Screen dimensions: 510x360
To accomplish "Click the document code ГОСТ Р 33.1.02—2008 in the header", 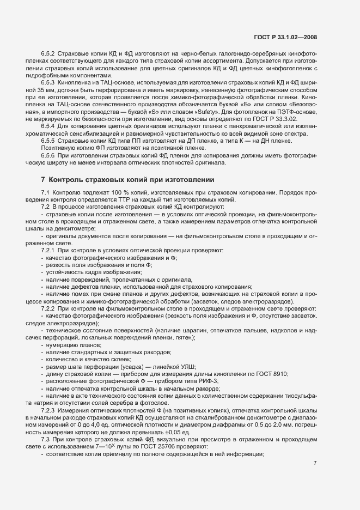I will point(285,38).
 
